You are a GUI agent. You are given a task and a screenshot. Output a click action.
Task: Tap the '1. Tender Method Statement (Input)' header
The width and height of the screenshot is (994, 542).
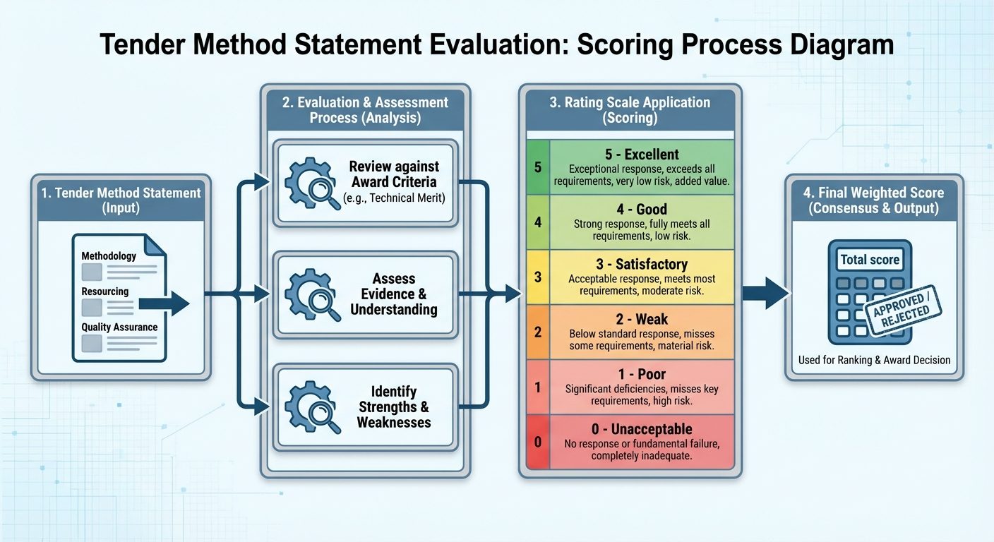(x=121, y=200)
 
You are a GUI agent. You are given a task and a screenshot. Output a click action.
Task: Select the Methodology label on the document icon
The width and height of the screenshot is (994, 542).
(x=109, y=256)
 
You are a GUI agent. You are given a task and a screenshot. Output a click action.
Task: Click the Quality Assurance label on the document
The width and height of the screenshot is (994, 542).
(x=119, y=327)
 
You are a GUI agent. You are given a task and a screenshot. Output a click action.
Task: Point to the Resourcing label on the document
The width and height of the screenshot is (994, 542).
(x=105, y=291)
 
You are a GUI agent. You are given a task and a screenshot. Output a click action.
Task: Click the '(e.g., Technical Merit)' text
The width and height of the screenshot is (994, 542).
(x=394, y=198)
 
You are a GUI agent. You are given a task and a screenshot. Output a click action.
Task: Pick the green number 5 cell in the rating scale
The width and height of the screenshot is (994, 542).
(x=538, y=167)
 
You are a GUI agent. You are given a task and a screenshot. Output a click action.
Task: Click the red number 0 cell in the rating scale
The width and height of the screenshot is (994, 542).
(x=538, y=442)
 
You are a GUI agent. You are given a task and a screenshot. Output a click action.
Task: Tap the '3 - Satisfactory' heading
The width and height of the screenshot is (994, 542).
(x=642, y=265)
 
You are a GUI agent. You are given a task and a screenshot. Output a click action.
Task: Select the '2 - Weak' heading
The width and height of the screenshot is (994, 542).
(x=642, y=320)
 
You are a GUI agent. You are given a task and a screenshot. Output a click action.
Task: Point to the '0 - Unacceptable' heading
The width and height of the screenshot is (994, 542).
(x=642, y=429)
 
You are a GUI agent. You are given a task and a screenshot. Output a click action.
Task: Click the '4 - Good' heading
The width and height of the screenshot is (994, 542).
(x=642, y=210)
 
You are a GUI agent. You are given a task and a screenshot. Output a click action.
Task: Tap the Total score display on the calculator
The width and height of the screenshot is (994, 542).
(x=870, y=260)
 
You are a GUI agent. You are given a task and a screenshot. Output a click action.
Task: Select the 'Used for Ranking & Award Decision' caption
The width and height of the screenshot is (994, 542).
(x=874, y=360)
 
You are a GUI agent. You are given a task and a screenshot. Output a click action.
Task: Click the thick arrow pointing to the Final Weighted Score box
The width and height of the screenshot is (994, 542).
(x=765, y=293)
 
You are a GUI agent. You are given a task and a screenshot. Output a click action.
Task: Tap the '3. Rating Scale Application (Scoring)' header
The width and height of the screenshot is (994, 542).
(x=630, y=110)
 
